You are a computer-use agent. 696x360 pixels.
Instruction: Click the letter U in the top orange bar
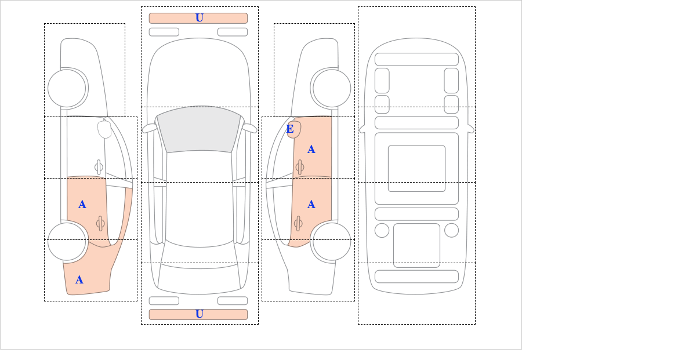(200, 18)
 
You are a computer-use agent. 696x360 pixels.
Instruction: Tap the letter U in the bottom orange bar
(200, 314)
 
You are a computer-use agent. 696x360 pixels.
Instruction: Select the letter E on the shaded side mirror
(290, 129)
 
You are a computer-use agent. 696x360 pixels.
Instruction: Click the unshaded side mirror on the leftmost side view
(104, 129)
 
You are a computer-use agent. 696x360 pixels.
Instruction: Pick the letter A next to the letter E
(311, 150)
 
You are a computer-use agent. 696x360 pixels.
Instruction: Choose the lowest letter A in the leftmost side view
(79, 280)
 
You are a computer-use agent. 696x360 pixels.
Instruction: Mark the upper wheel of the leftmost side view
(67, 89)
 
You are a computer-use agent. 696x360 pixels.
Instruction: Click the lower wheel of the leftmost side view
(67, 241)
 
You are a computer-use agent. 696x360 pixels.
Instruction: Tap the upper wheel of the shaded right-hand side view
(332, 89)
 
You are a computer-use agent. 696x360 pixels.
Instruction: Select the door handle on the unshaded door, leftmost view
(99, 168)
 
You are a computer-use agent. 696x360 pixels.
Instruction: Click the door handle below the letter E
(300, 168)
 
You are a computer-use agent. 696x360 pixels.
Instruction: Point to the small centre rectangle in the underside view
(416, 168)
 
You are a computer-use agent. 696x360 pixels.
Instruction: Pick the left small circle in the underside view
(382, 231)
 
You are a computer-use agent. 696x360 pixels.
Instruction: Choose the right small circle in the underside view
(451, 231)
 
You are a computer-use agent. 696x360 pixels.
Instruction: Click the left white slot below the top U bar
(164, 32)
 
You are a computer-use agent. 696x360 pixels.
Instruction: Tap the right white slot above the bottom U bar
(233, 301)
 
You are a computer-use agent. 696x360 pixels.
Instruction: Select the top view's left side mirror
(150, 128)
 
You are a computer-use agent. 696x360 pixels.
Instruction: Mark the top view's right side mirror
(249, 128)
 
